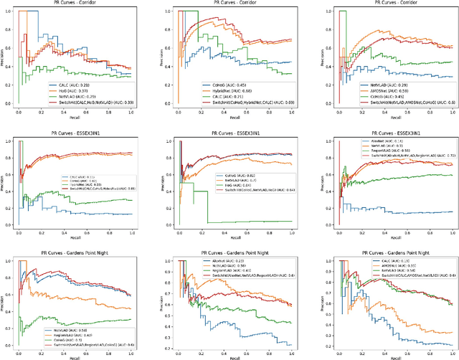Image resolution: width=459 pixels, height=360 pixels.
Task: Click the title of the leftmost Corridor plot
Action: click(x=74, y=4)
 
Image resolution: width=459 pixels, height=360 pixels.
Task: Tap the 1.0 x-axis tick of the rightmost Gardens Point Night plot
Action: click(x=450, y=351)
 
